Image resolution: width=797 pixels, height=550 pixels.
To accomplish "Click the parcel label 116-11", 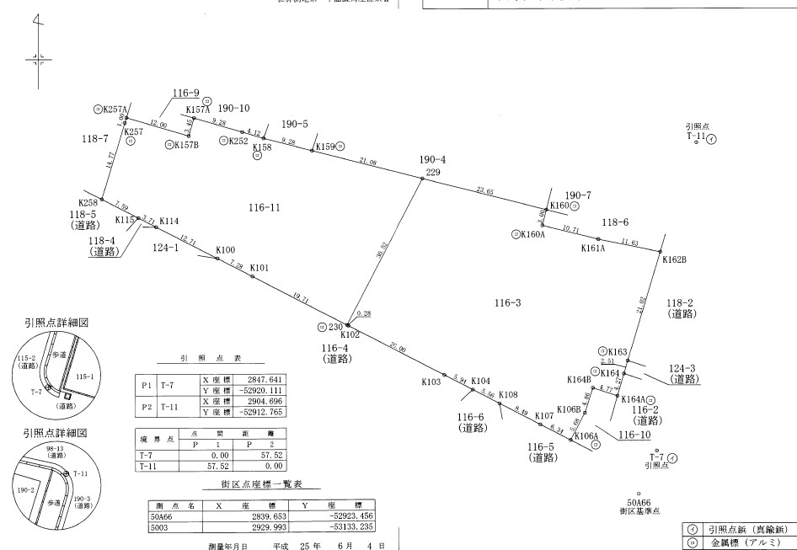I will (265, 206).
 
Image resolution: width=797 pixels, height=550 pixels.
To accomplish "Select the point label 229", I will (433, 172).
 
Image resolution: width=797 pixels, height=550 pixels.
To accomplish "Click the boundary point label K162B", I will (674, 260).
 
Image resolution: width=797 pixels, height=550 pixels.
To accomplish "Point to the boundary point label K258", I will (88, 203).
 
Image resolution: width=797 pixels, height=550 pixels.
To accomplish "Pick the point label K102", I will (350, 335).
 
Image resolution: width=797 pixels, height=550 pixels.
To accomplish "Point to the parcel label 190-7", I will (578, 195).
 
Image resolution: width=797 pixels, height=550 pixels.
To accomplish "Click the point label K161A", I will (593, 249).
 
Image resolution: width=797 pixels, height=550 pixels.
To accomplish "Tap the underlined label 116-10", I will (634, 435).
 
